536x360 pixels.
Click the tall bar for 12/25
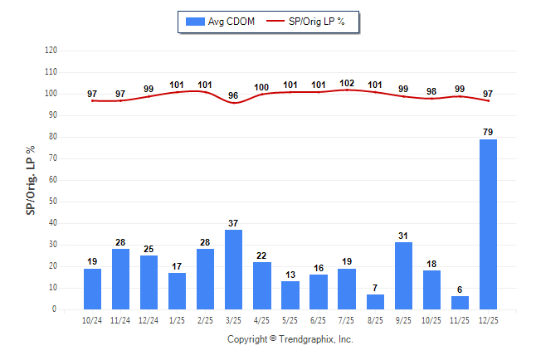pyautogui.click(x=489, y=224)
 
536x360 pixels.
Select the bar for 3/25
pyautogui.click(x=234, y=270)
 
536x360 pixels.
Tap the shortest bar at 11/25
pyautogui.click(x=460, y=303)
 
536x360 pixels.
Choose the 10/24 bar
pyautogui.click(x=93, y=289)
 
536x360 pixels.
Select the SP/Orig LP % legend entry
pyautogui.click(x=313, y=21)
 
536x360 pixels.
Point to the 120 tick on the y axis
pyautogui.click(x=51, y=51)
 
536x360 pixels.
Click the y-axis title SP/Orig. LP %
pyautogui.click(x=31, y=178)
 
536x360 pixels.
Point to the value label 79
pyautogui.click(x=489, y=132)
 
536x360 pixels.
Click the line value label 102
pyautogui.click(x=348, y=83)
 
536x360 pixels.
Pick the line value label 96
pyautogui.click(x=234, y=95)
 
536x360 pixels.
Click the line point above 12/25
pyautogui.click(x=489, y=100)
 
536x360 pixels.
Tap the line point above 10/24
pyautogui.click(x=93, y=100)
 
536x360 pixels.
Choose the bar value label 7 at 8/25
pyautogui.click(x=376, y=288)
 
